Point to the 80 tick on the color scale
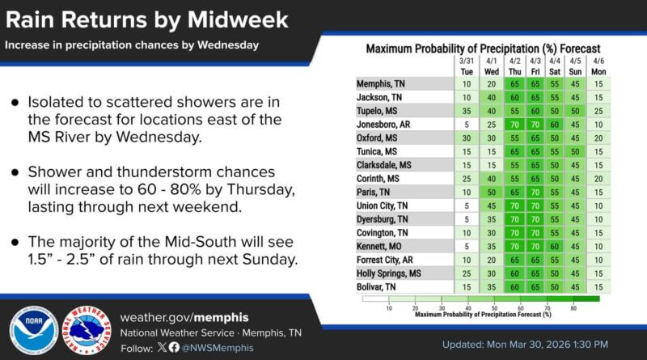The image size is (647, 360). click(573, 308)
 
